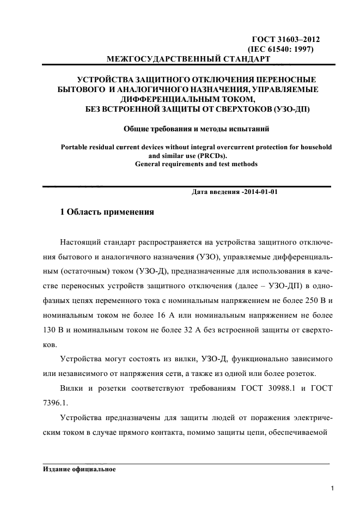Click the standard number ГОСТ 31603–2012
pyautogui.click(x=285, y=40)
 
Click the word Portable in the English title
pyautogui.click(x=76, y=147)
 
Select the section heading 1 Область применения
pyautogui.click(x=107, y=212)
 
